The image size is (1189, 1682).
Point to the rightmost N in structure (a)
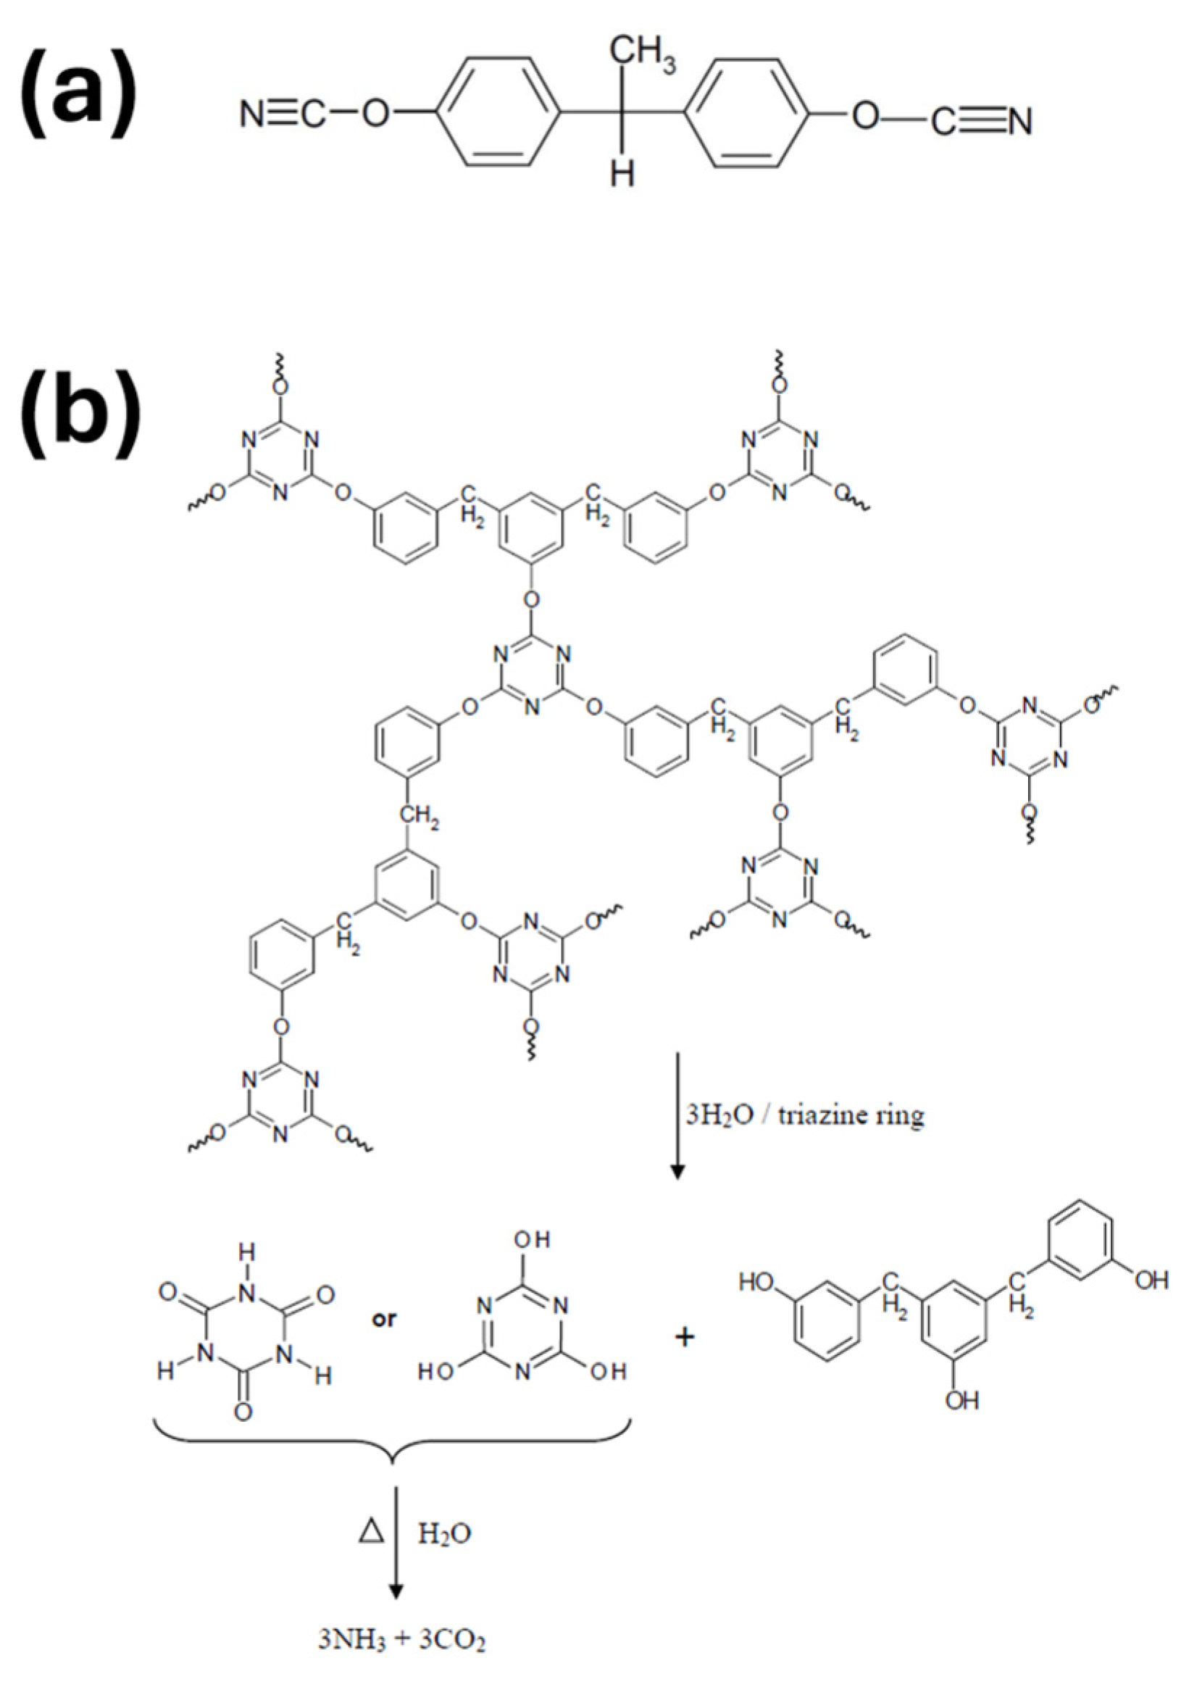click(x=1019, y=121)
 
